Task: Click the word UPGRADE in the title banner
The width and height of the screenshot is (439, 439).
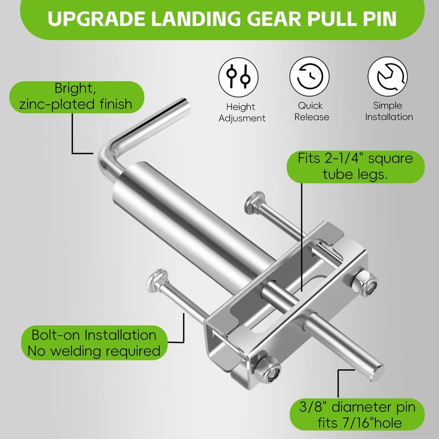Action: coord(97,19)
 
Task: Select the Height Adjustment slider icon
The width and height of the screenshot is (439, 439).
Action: coord(238,77)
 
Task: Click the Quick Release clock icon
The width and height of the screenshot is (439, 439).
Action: coord(309,76)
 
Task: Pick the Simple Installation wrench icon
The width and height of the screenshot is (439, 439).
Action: coord(387,76)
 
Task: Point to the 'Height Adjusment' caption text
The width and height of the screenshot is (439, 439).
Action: coord(242,112)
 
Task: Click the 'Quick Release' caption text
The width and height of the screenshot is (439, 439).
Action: coord(311,111)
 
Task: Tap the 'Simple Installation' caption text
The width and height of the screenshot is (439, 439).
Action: coord(389,111)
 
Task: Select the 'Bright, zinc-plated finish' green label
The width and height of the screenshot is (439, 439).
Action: coord(76,97)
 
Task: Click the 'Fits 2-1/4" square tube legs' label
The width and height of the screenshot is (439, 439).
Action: coord(355,167)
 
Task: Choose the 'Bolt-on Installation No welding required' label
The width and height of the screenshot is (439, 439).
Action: coord(94,342)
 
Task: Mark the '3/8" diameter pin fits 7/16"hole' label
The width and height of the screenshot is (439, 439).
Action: coord(357,415)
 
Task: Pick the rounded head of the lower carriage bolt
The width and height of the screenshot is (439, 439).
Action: coord(157,281)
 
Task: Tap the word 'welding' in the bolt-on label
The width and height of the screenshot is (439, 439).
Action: coord(75,351)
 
